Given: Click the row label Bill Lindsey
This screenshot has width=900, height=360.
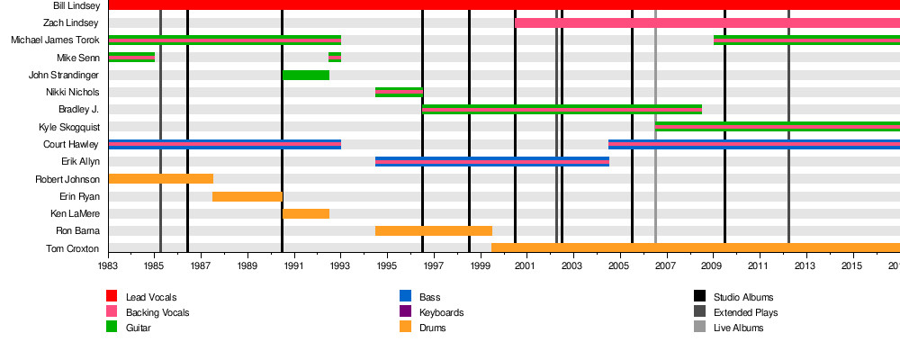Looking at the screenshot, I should (76, 5).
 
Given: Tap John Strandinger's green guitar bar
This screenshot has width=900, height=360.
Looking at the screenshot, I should (306, 75).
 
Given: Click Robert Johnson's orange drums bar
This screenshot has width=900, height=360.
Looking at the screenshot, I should (160, 179).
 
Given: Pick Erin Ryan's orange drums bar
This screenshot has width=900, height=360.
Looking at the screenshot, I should (247, 196).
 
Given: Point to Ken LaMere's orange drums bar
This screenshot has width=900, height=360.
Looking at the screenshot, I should (306, 213).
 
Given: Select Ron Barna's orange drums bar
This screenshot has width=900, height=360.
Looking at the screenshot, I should (434, 231).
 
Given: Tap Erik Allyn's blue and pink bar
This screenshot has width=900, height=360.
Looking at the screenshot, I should (492, 162).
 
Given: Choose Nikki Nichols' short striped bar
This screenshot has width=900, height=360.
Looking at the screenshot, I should (399, 92).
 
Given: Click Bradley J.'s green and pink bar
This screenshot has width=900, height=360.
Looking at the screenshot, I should (562, 110).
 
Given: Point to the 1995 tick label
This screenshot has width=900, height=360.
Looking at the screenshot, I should (387, 266).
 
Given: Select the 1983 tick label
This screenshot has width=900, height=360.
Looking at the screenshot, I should (108, 266).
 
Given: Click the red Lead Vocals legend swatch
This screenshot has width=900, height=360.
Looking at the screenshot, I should (112, 297).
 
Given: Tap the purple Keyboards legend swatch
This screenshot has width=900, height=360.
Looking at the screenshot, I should (405, 312).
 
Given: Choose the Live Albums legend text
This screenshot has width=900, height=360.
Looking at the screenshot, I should (738, 328).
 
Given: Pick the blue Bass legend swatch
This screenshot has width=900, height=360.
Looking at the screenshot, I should (405, 297).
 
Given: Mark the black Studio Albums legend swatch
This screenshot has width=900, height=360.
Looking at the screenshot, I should (699, 297).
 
